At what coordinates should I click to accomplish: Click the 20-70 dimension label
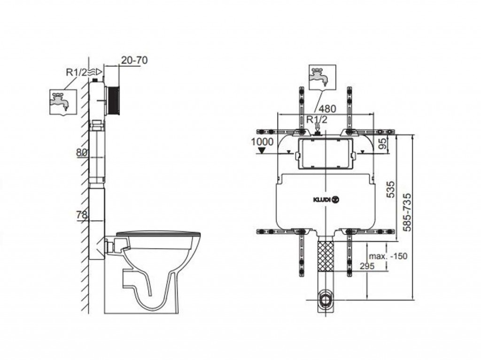(134, 60)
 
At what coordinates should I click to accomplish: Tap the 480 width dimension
(327, 108)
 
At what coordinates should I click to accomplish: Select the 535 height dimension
(390, 190)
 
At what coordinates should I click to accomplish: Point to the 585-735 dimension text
(408, 212)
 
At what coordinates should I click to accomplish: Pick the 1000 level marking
(262, 142)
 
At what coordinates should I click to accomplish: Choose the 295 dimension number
(367, 266)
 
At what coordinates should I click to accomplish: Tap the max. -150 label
(388, 256)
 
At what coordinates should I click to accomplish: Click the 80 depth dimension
(82, 153)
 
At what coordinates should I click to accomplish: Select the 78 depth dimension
(82, 215)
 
